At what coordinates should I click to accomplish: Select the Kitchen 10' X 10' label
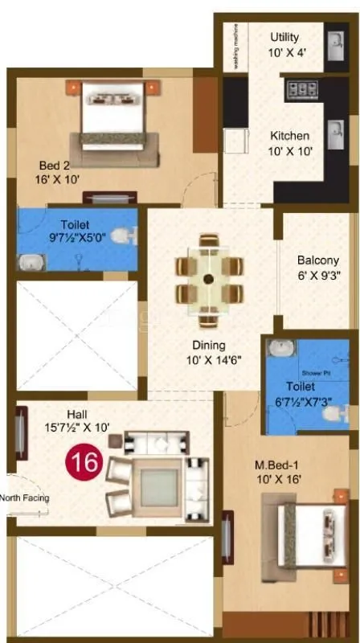tap(289, 143)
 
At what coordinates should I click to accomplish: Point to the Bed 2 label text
tap(59, 173)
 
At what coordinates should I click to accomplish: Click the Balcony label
tap(318, 267)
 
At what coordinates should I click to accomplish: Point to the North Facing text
tap(26, 498)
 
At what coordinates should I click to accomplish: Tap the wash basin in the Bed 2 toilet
tap(31, 261)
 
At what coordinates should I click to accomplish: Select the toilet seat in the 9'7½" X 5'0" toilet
tap(121, 236)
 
